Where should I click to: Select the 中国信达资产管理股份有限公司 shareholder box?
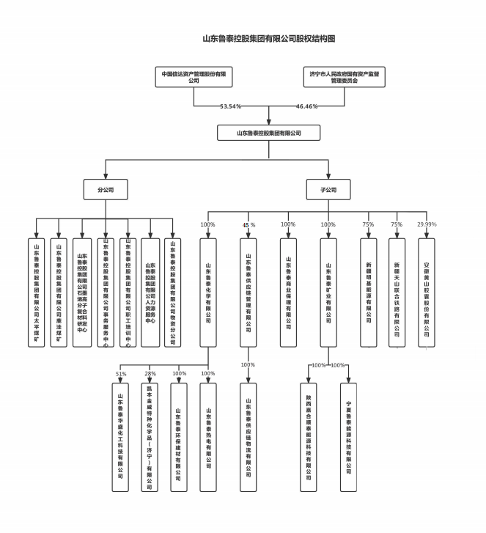coord(194,77)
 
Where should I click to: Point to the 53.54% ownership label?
coord(231,106)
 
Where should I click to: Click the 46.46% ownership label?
coord(306,106)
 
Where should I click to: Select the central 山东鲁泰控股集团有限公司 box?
coord(269,133)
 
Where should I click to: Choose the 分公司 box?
coord(106,190)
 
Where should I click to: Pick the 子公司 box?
coord(328,190)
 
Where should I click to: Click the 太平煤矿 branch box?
coord(37,293)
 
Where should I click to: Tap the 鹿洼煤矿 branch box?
coord(59,293)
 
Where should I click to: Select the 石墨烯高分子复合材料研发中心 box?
coord(82,293)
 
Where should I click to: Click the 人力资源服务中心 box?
coord(150,293)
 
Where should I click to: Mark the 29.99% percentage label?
coord(427,224)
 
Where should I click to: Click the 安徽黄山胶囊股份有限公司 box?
coord(427,293)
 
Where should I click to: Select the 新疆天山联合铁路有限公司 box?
coord(397,293)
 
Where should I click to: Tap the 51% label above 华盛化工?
coord(121,374)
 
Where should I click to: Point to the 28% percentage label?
coord(150,374)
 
